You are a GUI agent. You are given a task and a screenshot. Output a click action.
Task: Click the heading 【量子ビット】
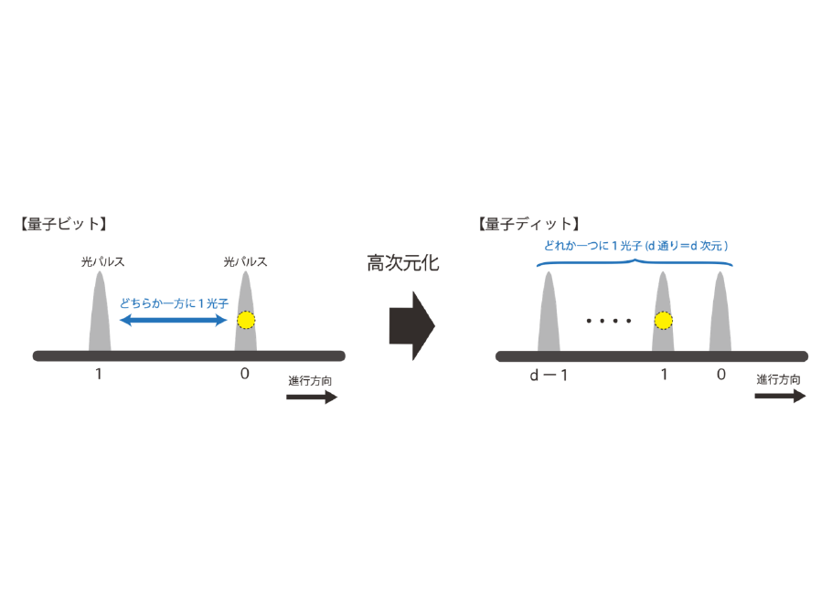61,224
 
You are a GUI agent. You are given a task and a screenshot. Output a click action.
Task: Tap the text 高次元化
403,264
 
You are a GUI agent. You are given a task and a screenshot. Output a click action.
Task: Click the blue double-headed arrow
175,321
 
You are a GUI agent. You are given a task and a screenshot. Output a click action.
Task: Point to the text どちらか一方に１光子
173,302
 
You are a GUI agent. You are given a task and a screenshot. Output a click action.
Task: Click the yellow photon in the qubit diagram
246,321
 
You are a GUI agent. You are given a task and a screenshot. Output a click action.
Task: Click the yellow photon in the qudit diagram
664,321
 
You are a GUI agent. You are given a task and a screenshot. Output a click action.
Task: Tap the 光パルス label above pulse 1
102,261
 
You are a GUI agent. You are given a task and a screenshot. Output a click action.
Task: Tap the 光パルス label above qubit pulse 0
245,261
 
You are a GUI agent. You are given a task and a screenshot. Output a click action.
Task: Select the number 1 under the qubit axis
98,375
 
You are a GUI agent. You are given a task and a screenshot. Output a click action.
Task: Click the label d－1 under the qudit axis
549,375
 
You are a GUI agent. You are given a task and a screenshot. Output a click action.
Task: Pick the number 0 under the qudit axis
721,375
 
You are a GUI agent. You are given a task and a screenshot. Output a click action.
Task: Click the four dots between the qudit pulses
609,321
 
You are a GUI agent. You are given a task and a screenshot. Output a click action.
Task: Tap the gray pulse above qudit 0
721,315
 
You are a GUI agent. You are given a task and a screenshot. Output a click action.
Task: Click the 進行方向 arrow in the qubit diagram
312,398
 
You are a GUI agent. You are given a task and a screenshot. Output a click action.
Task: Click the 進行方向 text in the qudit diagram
780,379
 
